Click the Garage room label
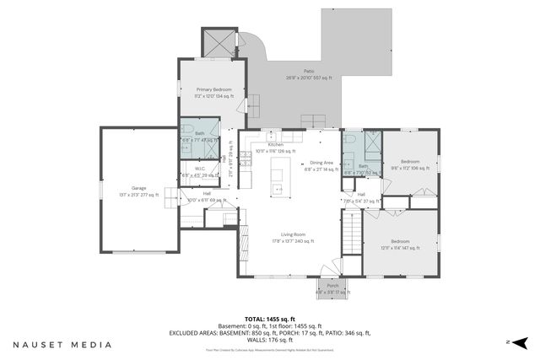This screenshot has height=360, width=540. [138, 187]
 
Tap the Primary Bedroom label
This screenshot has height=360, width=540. [213, 89]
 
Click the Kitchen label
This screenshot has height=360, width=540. [276, 145]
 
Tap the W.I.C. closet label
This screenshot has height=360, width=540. [200, 168]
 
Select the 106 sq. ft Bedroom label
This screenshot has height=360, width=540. [410, 160]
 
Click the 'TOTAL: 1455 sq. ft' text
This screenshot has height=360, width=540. [270, 318]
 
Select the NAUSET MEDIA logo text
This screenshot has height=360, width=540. [62, 345]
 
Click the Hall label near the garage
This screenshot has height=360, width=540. [207, 193]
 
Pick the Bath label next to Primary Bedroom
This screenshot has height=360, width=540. [200, 133]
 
